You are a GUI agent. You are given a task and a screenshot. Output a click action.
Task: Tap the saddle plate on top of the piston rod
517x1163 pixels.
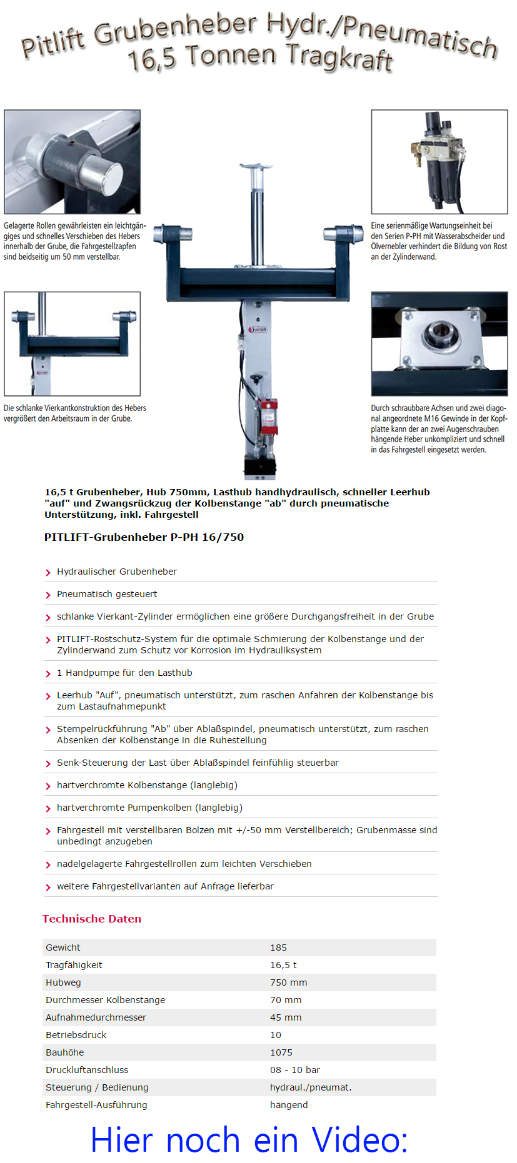[256, 167]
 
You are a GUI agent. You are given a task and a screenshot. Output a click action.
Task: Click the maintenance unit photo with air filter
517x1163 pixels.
[439, 162]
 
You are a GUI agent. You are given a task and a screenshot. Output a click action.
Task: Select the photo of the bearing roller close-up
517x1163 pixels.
[72, 162]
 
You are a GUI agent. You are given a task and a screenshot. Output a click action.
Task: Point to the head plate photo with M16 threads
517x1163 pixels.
[439, 344]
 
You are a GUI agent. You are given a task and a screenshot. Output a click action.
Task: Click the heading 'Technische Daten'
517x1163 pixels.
[92, 919]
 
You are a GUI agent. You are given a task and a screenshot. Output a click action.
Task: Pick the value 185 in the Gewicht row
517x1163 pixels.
[278, 948]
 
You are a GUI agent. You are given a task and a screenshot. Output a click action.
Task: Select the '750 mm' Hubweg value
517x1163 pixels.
[288, 982]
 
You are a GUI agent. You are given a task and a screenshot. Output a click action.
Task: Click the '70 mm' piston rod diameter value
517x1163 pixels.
[286, 1000]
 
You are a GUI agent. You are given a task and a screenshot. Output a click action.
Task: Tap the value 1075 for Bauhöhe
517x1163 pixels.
[281, 1052]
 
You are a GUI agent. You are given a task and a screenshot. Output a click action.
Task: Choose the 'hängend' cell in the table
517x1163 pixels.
[289, 1105]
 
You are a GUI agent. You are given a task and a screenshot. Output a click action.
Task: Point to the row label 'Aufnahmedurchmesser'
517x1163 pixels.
[96, 1017]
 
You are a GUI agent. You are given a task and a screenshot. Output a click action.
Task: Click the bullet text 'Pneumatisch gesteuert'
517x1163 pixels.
[107, 594]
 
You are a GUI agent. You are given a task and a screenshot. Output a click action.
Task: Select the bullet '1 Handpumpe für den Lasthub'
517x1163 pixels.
[124, 673]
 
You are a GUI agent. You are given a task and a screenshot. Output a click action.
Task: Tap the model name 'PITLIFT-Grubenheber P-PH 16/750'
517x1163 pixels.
[144, 537]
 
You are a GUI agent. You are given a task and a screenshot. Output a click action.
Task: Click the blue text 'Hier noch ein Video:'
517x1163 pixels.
[249, 1139]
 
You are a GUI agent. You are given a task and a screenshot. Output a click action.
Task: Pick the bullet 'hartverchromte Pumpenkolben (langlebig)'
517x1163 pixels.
[149, 808]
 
